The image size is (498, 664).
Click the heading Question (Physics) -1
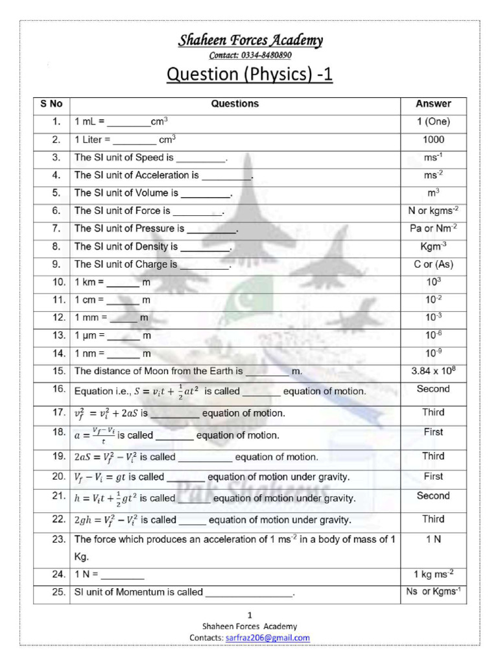[x=250, y=75]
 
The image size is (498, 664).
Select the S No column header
[x=51, y=104]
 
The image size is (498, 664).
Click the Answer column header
[x=433, y=104]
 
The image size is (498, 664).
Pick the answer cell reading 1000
[x=433, y=139]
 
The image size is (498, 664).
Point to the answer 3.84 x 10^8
[x=433, y=371]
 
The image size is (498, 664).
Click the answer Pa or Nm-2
[x=433, y=228]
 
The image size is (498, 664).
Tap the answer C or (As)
[x=433, y=264]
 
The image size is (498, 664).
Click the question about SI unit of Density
[x=153, y=246]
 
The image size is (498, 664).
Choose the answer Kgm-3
[x=433, y=246]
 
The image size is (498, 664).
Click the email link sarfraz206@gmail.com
[x=268, y=637]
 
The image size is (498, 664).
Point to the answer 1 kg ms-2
[x=433, y=573]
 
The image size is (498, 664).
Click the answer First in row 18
[x=433, y=433]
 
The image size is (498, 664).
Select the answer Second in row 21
[x=433, y=496]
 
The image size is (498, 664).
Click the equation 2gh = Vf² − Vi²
[x=106, y=520]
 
